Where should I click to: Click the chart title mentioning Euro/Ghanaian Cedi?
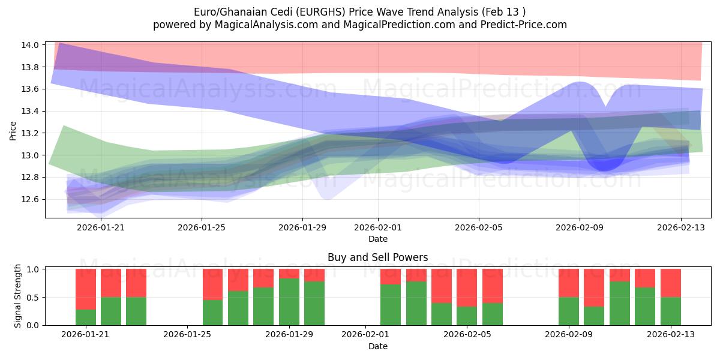pos(360,12)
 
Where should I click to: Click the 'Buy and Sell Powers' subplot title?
pos(377,257)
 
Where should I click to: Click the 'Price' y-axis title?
pos(13,130)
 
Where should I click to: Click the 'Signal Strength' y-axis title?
pos(18,295)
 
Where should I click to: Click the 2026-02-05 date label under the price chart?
pos(479,228)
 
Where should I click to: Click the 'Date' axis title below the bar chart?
pos(377,346)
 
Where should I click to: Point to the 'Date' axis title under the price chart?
pos(377,239)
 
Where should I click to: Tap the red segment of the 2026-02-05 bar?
pos(467,288)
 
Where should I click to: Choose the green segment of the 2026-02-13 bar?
pos(670,311)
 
